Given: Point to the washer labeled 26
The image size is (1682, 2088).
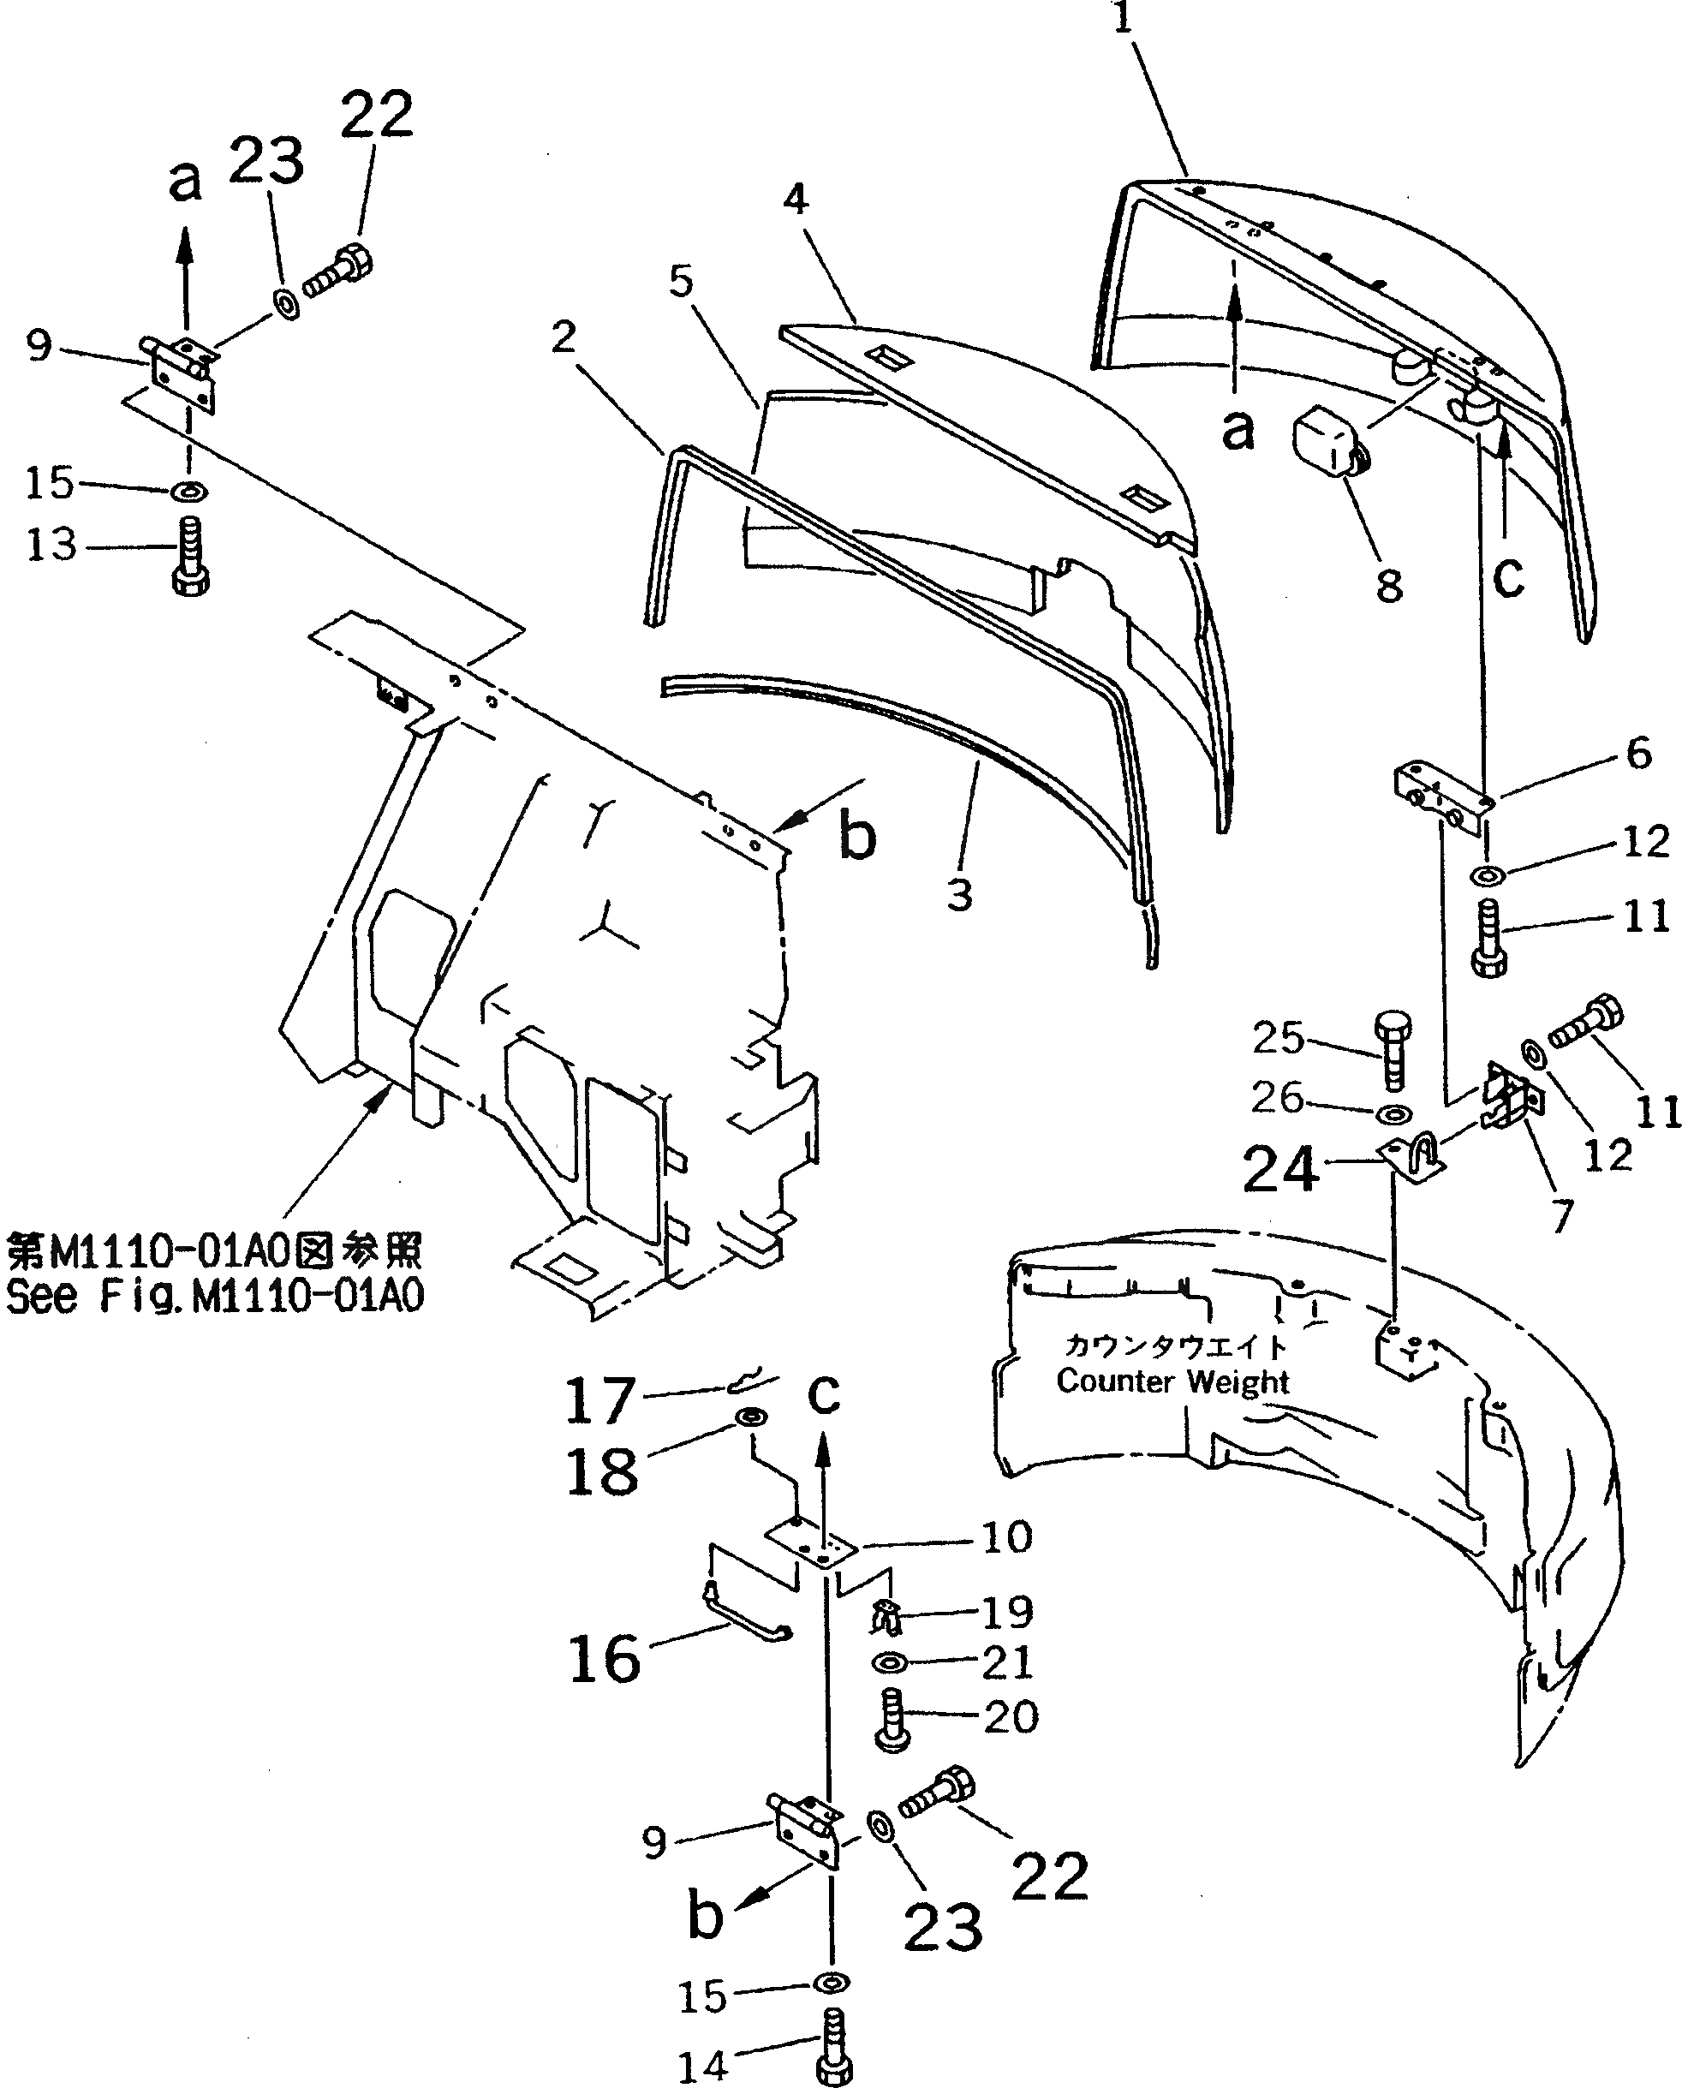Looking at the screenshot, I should pos(1393,1110).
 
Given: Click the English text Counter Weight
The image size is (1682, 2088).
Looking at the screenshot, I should pos(1172,1381).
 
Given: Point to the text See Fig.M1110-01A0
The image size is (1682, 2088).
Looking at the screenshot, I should pos(215,1297).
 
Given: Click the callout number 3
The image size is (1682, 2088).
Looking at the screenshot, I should pos(959,894).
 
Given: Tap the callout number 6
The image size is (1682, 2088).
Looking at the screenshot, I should pos(1638,753).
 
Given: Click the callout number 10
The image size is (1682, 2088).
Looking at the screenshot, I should pos(1006,1536).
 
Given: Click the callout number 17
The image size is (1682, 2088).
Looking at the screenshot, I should pos(599,1399).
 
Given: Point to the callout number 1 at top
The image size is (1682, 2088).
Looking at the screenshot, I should pos(1122,17).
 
